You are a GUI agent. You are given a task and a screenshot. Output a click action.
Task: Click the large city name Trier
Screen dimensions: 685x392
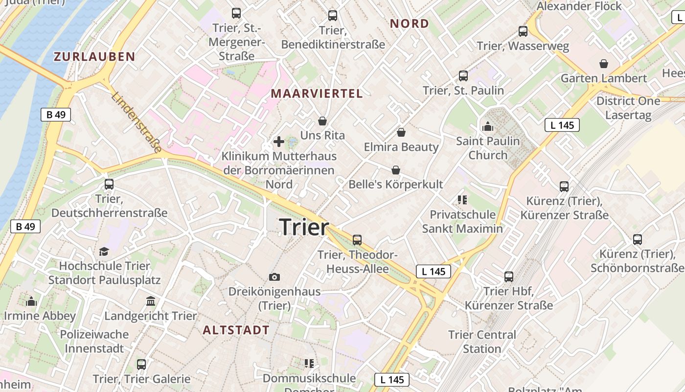pos(304,227)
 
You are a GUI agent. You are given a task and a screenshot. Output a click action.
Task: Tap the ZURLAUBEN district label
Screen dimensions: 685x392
pos(94,56)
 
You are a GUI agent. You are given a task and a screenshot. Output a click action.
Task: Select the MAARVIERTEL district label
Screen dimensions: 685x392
pos(317,94)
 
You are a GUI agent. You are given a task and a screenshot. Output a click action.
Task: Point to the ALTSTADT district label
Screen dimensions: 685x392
pos(236,330)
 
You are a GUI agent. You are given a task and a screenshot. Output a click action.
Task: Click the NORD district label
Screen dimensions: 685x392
pos(409,24)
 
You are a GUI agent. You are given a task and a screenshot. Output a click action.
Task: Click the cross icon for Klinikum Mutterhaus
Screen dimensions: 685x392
pos(279,142)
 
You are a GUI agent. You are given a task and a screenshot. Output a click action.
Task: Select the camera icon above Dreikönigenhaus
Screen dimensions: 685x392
pos(274,277)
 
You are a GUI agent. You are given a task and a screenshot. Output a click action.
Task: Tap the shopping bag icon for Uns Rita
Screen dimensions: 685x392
pos(322,121)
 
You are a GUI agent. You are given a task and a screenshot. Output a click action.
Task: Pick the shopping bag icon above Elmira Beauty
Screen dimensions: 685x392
pos(401,132)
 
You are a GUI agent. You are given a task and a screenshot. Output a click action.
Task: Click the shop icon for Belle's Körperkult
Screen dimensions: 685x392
pos(395,170)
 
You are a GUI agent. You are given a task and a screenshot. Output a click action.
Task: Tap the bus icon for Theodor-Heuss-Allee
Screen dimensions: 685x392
pos(357,240)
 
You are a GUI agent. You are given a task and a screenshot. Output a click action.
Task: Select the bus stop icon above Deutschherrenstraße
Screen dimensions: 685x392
pos(109,184)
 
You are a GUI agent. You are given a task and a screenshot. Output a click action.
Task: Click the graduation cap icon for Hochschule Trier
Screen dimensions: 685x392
pos(104,251)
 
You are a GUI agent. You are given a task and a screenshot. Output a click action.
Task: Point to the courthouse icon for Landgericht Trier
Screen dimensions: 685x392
pos(151,301)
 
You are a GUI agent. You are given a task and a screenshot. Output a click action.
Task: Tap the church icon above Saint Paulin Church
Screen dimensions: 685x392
pos(488,126)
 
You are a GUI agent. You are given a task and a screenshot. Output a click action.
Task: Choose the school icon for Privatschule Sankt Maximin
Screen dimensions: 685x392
pos(462,199)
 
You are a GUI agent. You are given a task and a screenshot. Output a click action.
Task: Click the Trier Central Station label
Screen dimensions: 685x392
pos(482,342)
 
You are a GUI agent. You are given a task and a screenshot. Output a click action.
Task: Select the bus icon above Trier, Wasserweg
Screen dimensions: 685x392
pos(523,31)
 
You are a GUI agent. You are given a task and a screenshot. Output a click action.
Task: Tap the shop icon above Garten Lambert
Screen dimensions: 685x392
pos(604,64)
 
